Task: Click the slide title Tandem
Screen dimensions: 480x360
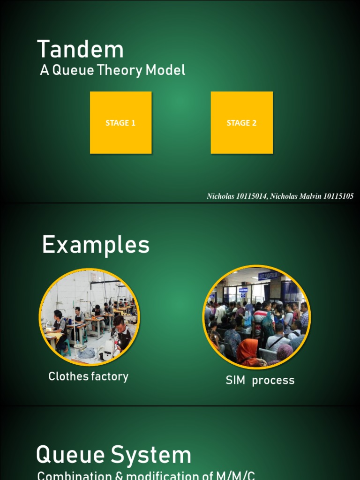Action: tap(80, 50)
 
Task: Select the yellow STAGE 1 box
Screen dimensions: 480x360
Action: tap(120, 123)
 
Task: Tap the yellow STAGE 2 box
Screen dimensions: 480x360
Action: tap(241, 123)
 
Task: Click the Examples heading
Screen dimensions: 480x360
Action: tap(96, 245)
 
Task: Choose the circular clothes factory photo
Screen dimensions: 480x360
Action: tap(89, 317)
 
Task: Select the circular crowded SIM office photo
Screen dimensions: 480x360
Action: tap(256, 317)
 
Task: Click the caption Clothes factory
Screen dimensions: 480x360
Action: tap(88, 376)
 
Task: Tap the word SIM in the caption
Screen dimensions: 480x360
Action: tap(235, 380)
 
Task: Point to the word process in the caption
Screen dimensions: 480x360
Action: tap(273, 380)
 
